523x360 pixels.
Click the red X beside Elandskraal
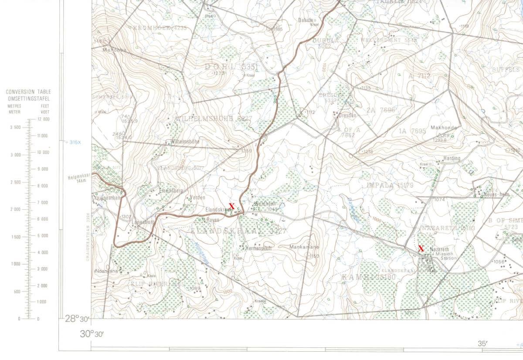[232, 206]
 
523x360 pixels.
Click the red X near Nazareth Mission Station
[421, 248]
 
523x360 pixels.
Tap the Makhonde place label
[443, 128]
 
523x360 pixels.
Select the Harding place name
[452, 158]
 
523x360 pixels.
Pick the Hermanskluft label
[259, 248]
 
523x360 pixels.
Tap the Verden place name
[198, 197]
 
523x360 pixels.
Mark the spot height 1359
[246, 151]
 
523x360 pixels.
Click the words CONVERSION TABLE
[28, 92]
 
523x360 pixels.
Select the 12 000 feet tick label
[43, 119]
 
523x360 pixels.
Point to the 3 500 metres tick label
[15, 127]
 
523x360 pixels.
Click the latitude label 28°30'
[77, 319]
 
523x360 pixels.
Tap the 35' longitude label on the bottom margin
[482, 343]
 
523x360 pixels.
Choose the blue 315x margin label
[75, 142]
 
